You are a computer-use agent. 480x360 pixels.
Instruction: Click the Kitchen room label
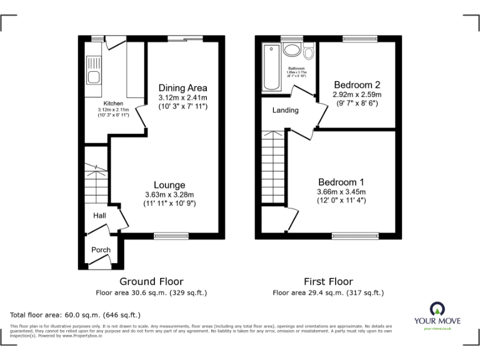coord(113,103)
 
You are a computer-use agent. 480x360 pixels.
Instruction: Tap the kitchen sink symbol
coord(94,78)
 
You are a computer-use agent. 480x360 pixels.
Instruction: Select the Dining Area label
coord(182,87)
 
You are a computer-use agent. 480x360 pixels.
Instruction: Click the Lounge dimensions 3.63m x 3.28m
coord(170,194)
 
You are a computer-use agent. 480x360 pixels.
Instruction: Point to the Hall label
coord(99,216)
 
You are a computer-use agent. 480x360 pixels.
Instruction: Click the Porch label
coord(101,250)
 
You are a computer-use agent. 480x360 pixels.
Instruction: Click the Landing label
coord(286,111)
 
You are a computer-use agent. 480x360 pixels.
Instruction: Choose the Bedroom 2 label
coord(357,85)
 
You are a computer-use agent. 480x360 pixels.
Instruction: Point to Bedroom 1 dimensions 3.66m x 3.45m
coord(341,192)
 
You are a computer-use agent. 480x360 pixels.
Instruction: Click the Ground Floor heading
coord(151,282)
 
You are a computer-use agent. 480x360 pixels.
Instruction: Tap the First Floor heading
coord(328,282)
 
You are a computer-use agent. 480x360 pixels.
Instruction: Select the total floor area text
coord(76,315)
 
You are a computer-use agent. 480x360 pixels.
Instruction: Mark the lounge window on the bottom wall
coord(171,236)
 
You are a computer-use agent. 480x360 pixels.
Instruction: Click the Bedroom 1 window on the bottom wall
coord(355,236)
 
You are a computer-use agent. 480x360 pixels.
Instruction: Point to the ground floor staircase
coord(96,181)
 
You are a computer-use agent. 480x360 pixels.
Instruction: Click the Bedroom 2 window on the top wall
coord(359,39)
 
